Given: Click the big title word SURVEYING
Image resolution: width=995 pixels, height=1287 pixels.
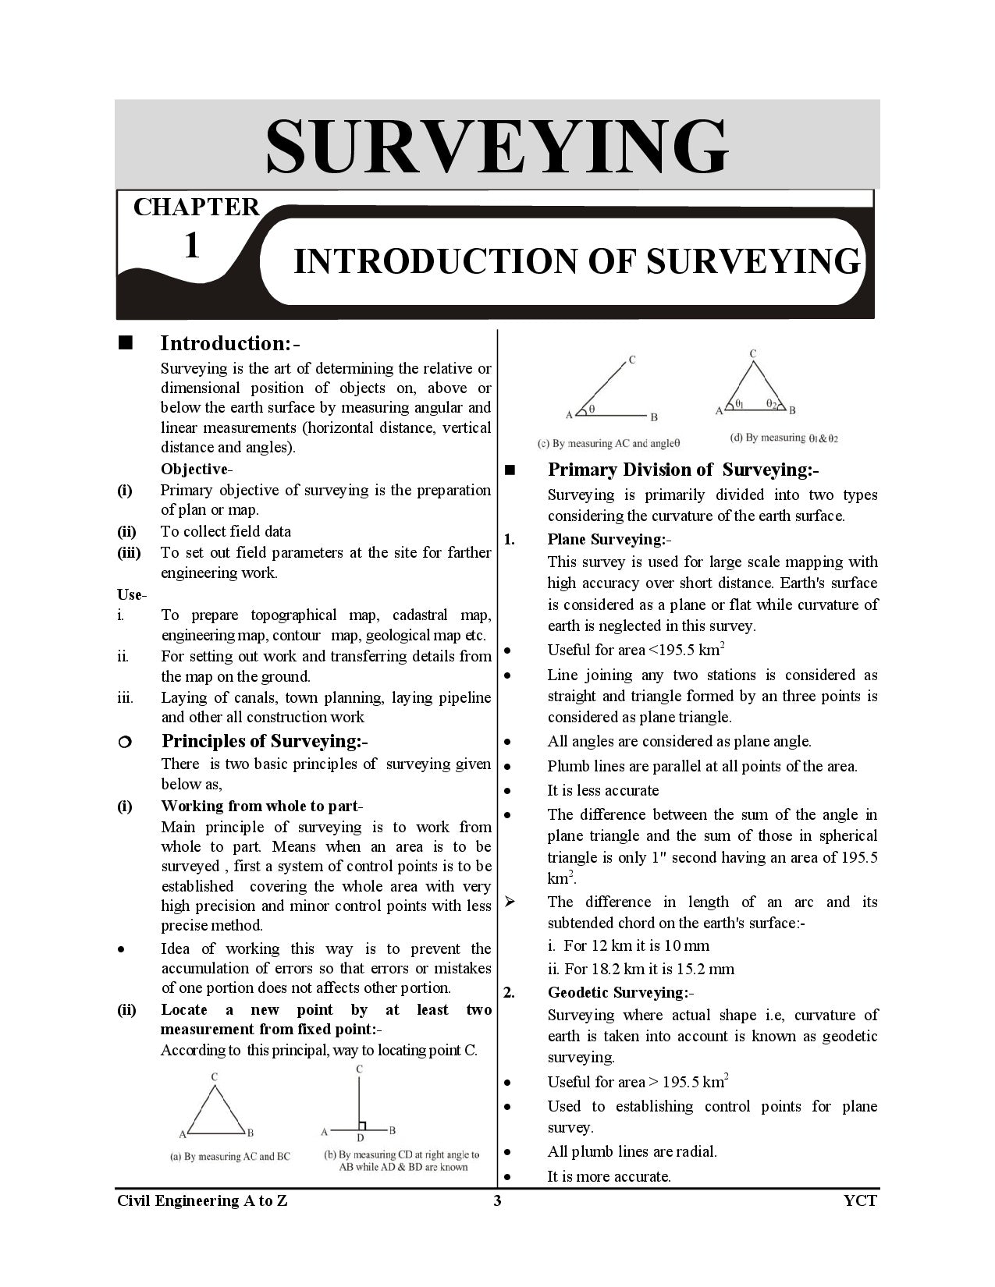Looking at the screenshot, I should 497,146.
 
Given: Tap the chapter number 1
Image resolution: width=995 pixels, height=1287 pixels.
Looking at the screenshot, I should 191,246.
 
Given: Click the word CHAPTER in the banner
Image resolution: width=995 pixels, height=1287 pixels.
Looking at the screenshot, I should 196,207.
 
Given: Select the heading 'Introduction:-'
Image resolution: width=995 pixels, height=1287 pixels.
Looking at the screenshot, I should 230,343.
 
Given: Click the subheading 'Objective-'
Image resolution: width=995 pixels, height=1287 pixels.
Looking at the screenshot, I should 197,469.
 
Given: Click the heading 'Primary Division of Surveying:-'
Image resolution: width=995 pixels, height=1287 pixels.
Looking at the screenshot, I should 683,470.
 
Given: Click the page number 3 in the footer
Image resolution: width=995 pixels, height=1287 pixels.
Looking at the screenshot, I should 497,1201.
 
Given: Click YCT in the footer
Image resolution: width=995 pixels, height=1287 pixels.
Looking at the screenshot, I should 860,1201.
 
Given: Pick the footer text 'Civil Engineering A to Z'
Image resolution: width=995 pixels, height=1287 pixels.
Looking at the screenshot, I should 202,1201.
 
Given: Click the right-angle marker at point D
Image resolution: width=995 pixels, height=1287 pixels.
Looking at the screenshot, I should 362,1126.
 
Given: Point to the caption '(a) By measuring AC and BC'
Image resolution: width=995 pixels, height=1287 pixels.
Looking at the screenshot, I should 229,1157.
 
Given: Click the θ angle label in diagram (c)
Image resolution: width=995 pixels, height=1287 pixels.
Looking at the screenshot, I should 592,408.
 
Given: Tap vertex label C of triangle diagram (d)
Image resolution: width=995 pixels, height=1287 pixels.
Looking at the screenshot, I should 753,354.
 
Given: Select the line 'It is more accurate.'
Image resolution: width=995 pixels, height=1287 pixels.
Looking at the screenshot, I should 609,1176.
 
